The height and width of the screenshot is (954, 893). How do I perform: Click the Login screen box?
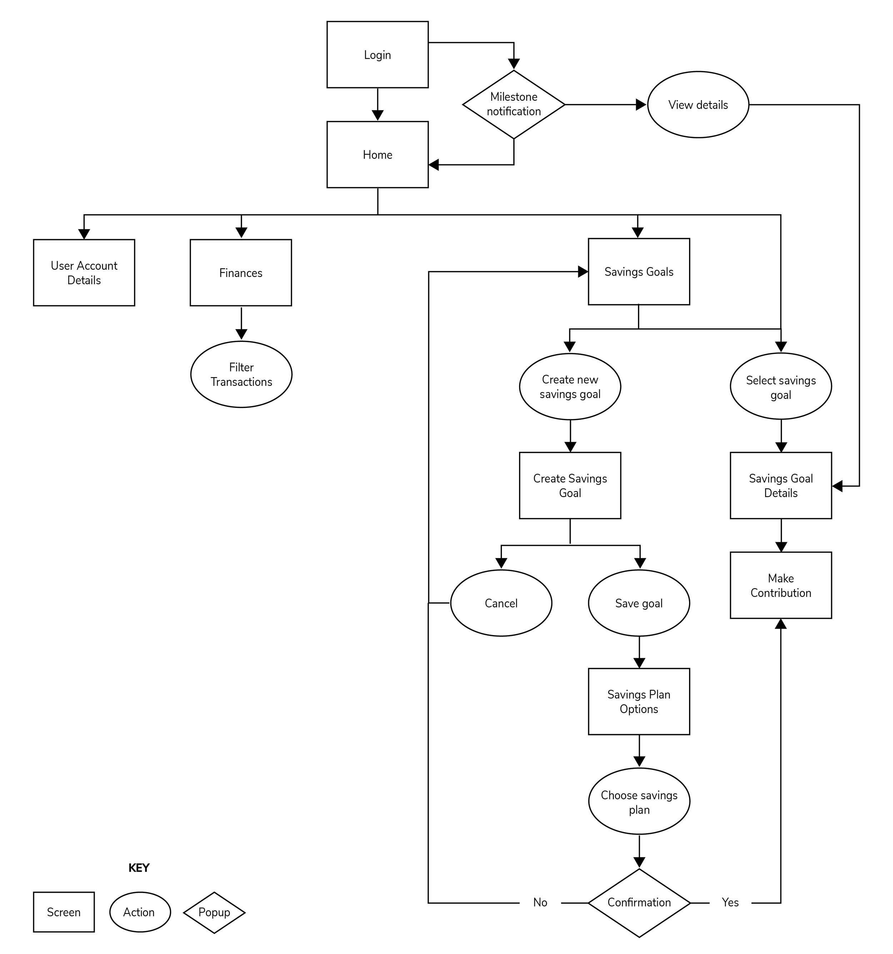point(378,55)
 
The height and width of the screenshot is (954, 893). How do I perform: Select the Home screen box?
point(378,154)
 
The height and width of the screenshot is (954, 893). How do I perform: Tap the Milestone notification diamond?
point(514,104)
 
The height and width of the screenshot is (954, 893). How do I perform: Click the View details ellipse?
point(698,105)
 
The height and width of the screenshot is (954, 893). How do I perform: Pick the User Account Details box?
point(84,273)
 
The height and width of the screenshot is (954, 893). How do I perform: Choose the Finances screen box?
point(241,273)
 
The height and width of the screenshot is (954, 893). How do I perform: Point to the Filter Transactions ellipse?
point(241,374)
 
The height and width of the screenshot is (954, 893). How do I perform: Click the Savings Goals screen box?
point(639,272)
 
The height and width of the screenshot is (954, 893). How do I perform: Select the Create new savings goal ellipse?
point(570,387)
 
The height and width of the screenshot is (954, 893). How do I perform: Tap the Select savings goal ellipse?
point(781,387)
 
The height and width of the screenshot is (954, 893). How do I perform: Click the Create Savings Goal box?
point(570,486)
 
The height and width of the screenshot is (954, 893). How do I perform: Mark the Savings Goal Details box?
point(781,486)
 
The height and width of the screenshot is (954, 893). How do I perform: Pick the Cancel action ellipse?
point(501,603)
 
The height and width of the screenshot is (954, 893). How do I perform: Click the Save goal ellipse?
point(639,603)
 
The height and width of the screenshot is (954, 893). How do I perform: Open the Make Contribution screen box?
point(781,585)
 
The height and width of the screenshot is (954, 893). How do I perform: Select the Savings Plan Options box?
point(639,702)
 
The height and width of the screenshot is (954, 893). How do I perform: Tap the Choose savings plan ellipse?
point(639,802)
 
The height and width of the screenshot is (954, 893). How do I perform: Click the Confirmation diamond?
point(639,903)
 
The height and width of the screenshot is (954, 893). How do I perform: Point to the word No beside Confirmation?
point(540,903)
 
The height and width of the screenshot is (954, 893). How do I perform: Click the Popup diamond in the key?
point(214,912)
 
